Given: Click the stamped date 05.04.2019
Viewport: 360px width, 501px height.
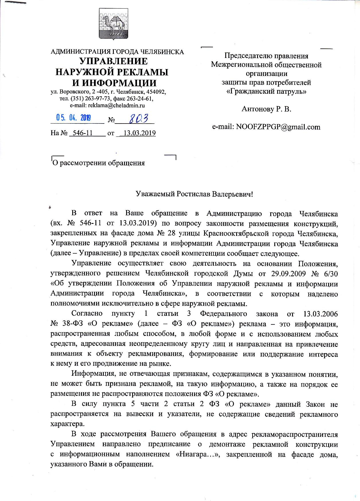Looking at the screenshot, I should (x=74, y=118).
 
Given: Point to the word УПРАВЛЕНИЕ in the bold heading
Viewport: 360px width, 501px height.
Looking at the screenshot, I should (x=114, y=61).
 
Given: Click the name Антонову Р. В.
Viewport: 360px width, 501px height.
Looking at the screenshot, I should (x=266, y=109).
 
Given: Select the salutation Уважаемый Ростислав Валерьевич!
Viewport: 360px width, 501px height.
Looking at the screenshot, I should (x=194, y=194).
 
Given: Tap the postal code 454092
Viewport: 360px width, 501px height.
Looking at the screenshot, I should (x=156, y=92).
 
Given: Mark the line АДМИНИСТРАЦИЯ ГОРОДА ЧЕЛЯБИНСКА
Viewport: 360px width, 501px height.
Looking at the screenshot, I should (x=117, y=52).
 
